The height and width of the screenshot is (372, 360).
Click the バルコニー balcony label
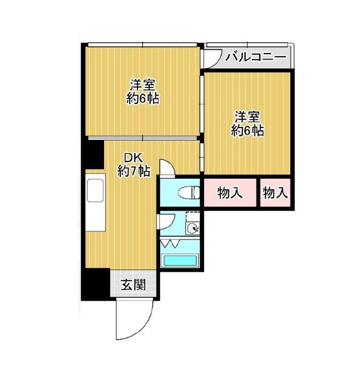[x=255, y=57]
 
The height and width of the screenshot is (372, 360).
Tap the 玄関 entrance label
[x=133, y=285]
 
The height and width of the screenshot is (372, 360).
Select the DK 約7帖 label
[x=134, y=164]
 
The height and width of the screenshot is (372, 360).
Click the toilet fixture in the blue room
[x=189, y=193]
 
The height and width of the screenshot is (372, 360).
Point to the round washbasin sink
[x=192, y=229]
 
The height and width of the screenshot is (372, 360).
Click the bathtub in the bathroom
[x=180, y=261]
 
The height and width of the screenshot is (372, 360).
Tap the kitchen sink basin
[x=95, y=190]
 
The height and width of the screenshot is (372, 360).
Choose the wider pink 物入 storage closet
[x=230, y=193]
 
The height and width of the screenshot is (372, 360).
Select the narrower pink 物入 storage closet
[x=275, y=193]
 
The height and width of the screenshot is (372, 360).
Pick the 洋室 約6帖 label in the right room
[x=248, y=124]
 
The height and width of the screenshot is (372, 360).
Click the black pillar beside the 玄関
[x=96, y=285]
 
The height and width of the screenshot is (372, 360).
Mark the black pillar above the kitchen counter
[x=95, y=155]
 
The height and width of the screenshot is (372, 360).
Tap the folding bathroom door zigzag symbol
[x=170, y=244]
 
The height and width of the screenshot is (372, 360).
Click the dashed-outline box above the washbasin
[x=192, y=218]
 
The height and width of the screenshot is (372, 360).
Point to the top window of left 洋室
[x=142, y=45]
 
